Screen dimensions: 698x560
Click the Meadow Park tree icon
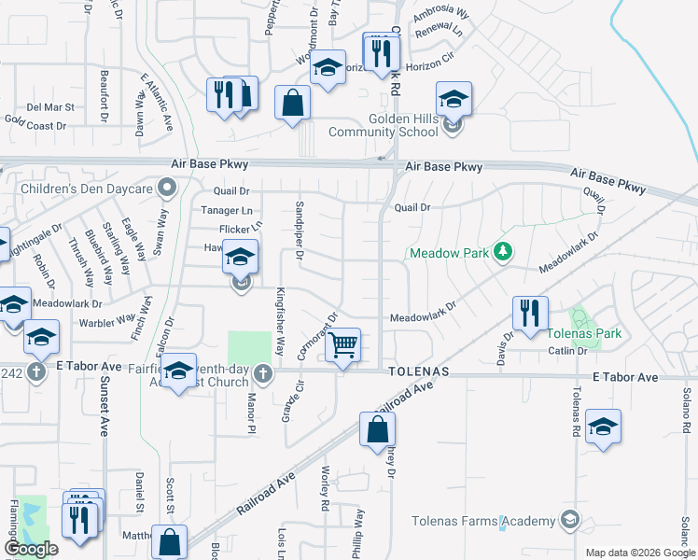tap(503, 252)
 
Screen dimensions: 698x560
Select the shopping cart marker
tap(344, 345)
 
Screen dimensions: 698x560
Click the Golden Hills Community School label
tap(383, 125)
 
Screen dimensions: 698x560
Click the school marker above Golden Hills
tap(454, 99)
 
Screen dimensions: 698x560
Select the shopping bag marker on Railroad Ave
tap(377, 430)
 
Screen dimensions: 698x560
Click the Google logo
tap(32, 549)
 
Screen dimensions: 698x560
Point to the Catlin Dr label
tap(567, 351)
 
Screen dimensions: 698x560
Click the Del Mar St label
tap(50, 108)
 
